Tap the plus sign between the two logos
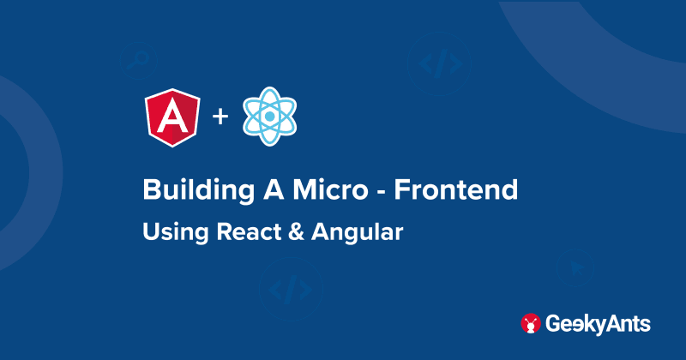(x=220, y=116)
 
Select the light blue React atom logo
(x=269, y=117)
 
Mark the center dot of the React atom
(x=269, y=117)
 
